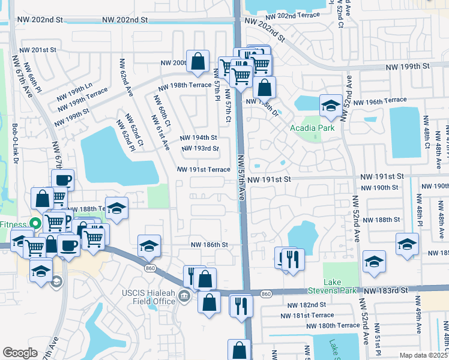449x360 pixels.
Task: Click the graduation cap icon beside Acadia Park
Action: [x=330, y=106]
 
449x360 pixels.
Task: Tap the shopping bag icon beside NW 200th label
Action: [x=197, y=61]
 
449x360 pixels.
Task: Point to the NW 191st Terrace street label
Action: [x=203, y=170]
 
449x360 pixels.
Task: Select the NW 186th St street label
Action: [x=209, y=245]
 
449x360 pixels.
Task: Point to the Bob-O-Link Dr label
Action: [x=15, y=143]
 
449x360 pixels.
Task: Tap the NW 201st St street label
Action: [x=37, y=50]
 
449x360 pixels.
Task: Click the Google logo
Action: [x=20, y=352]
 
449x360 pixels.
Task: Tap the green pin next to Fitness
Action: [x=35, y=224]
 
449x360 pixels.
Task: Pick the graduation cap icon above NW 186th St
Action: [x=149, y=245]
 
